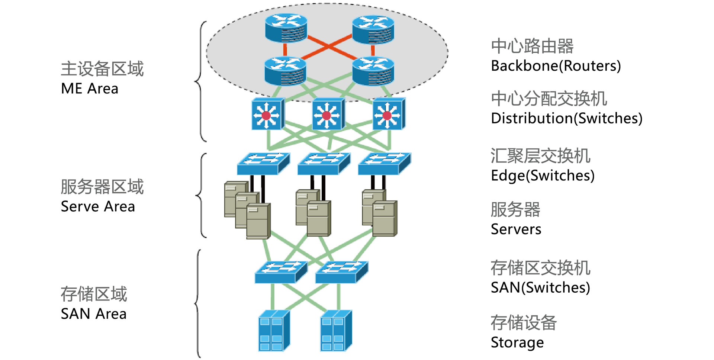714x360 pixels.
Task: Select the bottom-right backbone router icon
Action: pos(373,71)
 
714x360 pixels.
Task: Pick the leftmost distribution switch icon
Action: pos(268,114)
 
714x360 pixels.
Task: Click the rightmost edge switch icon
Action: pos(384,164)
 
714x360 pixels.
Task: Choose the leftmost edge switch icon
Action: pos(263,164)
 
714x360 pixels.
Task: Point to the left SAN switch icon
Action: pos(281,272)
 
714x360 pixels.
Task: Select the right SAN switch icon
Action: pos(341,272)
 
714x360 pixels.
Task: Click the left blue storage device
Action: pos(274,331)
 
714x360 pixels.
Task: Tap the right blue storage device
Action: pos(336,331)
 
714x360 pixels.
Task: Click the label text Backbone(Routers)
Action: pos(556,66)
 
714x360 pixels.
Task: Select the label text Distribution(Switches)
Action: pos(566,119)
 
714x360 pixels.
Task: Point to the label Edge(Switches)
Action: pos(543,176)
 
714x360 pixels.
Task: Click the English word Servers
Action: pos(516,229)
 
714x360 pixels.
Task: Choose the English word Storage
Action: pos(517,343)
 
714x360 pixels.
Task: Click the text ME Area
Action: pos(90,89)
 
